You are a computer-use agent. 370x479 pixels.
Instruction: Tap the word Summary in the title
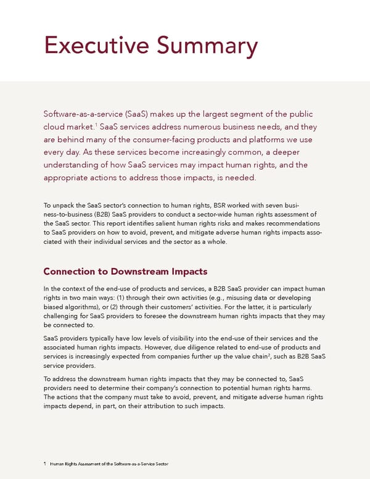pyautogui.click(x=208, y=46)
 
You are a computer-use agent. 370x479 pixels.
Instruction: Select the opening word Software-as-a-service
pyautogui.click(x=84, y=114)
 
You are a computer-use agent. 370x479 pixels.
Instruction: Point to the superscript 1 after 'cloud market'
pyautogui.click(x=96, y=124)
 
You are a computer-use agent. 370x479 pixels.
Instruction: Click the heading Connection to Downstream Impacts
pyautogui.click(x=126, y=272)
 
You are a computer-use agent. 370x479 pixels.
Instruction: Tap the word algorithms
pyautogui.click(x=88, y=307)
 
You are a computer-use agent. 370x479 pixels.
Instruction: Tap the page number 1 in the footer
pyautogui.click(x=45, y=464)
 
